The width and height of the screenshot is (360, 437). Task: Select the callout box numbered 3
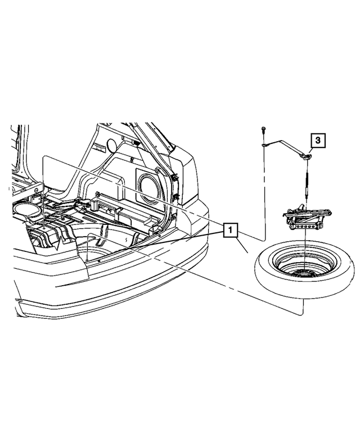pos(317,141)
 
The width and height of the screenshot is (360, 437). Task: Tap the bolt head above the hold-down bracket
pos(263,130)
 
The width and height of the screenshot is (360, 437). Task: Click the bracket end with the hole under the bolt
pos(263,146)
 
